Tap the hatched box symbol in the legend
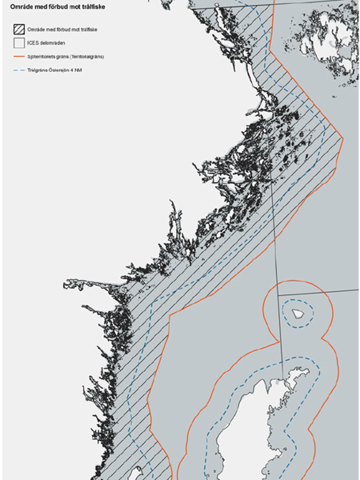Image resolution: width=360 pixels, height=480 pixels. pos(18,26)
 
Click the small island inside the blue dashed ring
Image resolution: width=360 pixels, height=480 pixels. pos(300,314)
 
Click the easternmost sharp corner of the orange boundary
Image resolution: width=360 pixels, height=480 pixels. pos(343,136)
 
